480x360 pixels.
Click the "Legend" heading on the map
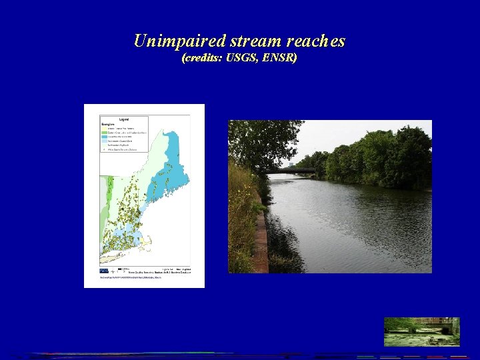pyautogui.click(x=124, y=118)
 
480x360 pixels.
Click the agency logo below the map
pyautogui.click(x=104, y=271)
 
